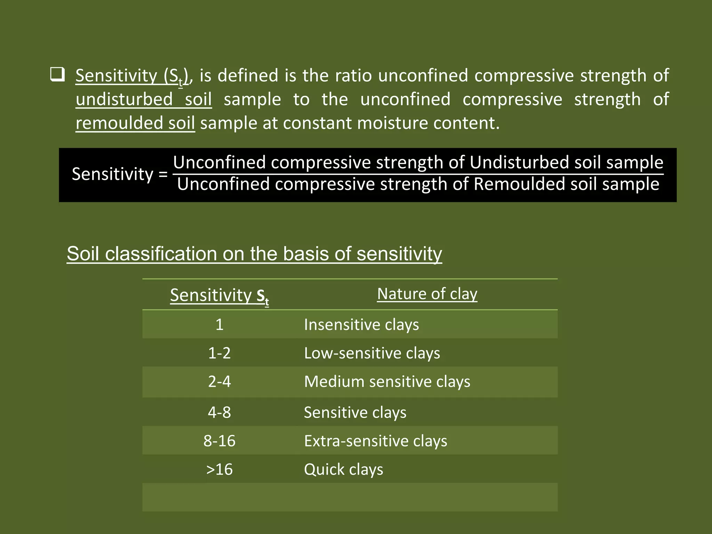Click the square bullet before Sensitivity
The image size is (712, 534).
coord(57,75)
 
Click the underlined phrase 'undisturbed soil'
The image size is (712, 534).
coord(144,99)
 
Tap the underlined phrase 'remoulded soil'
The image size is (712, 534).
coord(135,123)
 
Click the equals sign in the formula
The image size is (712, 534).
coord(163,174)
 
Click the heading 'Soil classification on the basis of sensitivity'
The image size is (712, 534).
coord(254,253)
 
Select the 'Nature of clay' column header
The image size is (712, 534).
coord(427,294)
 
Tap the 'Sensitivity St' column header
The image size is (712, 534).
coord(219,296)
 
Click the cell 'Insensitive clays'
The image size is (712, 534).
coord(361,325)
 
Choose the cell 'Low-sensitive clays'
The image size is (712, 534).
coord(372,353)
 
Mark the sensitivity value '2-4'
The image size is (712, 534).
coord(219,382)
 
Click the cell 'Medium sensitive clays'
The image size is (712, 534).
coord(387,382)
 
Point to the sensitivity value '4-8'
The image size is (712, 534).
coord(219,413)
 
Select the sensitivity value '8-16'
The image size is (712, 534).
coord(219,441)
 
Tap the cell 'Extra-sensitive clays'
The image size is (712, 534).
coord(375,441)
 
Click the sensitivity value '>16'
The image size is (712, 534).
coord(219,470)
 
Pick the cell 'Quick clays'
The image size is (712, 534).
coord(343,470)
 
